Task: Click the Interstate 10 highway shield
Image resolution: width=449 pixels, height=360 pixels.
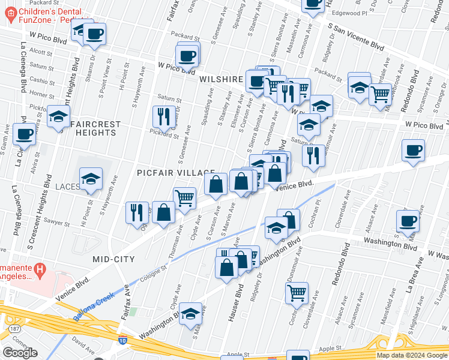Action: click(x=122, y=340)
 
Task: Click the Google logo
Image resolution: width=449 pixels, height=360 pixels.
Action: click(x=20, y=352)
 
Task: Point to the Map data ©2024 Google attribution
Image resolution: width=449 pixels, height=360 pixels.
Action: click(x=411, y=355)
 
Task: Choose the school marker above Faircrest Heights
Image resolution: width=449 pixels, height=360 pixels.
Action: click(x=58, y=117)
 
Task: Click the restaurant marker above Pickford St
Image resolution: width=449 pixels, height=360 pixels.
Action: click(x=163, y=116)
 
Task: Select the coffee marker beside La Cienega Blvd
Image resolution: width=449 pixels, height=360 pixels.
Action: click(x=25, y=135)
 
